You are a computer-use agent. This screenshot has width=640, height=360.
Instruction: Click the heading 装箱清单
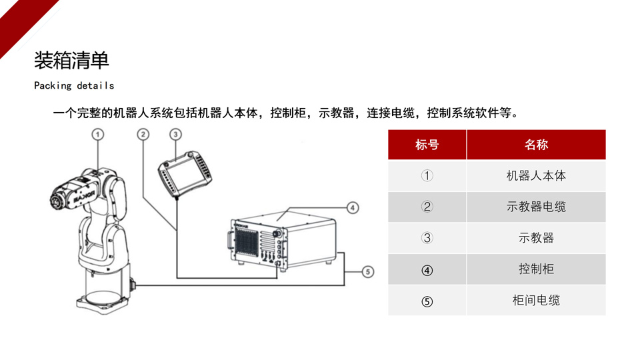[71, 61]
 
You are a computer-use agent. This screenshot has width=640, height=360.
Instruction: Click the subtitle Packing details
[74, 86]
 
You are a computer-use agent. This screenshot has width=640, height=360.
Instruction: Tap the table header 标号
[427, 145]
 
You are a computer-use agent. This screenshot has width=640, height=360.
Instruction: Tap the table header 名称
[536, 145]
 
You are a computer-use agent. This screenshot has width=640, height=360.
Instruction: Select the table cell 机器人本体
[536, 176]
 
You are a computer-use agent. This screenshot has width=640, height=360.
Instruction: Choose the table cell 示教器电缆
[536, 207]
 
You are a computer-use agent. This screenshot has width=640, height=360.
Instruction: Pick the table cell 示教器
[536, 238]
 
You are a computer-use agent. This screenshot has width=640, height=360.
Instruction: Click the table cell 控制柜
[536, 269]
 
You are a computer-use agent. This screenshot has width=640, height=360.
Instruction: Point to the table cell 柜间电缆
[536, 301]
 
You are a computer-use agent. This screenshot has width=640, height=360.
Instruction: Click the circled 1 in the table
[427, 176]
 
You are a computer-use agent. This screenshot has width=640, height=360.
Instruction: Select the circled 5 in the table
[427, 301]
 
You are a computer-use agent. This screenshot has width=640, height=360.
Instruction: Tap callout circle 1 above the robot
[98, 135]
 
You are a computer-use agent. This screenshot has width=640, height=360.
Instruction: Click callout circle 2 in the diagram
[143, 135]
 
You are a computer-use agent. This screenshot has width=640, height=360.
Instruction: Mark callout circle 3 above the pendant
[175, 135]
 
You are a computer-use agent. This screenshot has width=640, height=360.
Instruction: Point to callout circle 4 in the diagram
[353, 207]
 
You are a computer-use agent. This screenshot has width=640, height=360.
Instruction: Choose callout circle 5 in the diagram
[368, 271]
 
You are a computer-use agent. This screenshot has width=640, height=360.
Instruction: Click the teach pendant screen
[181, 171]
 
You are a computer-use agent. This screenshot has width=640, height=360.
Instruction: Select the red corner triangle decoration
[17, 17]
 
